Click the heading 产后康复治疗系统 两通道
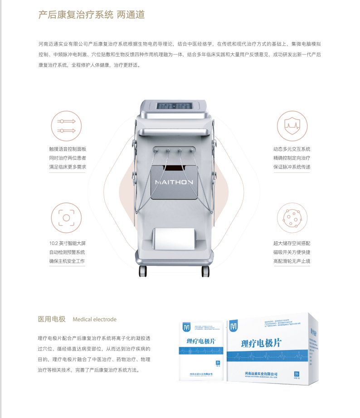91,14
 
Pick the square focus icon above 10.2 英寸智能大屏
66,218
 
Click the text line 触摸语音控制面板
68,149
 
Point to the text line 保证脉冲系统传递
292,167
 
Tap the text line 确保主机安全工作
67,261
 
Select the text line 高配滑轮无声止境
292,261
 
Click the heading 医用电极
52,319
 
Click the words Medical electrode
94,319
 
